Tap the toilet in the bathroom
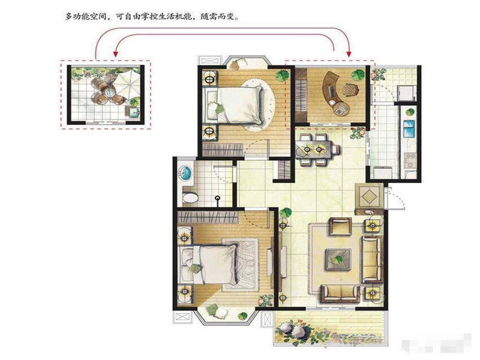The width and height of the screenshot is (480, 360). [190, 198]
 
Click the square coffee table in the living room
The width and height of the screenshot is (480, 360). [338, 259]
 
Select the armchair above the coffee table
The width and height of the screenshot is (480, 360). [340, 227]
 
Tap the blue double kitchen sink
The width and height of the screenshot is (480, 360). [409, 128]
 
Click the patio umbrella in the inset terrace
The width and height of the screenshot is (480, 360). [126, 81]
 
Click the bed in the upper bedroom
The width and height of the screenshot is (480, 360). [233, 105]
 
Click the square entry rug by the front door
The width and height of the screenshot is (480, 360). [369, 196]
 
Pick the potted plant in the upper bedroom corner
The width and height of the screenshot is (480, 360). [282, 76]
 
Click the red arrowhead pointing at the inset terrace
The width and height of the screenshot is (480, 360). [115, 54]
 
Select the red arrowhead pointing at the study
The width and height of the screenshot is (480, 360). [349, 54]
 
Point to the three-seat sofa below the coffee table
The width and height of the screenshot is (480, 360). [340, 294]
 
